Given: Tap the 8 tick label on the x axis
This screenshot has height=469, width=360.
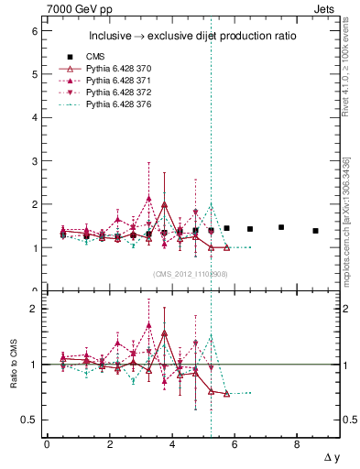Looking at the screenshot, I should (x=297, y=444).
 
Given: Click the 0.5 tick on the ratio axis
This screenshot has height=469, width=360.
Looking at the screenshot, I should (x=28, y=420).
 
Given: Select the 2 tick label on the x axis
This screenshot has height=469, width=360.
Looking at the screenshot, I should (x=110, y=444).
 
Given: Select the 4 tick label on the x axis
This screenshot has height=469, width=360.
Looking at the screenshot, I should (x=172, y=444).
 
